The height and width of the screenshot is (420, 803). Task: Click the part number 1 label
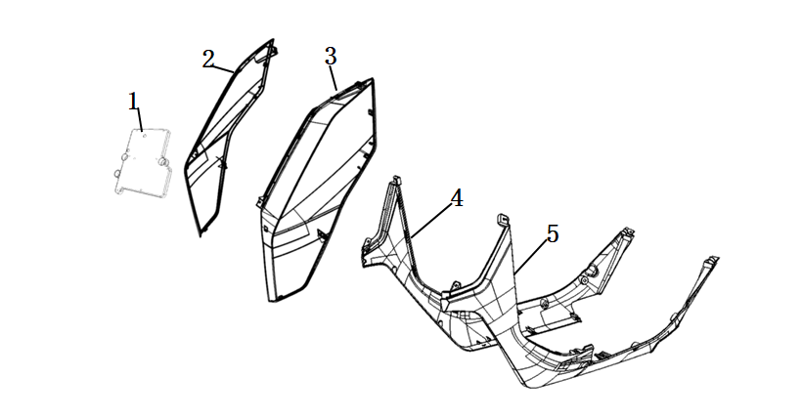(134, 102)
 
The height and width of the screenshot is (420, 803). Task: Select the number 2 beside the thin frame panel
(208, 60)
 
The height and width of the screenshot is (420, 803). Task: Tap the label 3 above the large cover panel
(331, 57)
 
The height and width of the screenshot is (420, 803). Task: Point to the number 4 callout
(457, 198)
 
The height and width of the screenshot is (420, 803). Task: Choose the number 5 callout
(552, 233)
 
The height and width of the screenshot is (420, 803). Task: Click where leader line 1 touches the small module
(143, 131)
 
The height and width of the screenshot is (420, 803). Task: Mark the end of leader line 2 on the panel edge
(234, 71)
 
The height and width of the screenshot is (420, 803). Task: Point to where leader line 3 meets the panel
(336, 90)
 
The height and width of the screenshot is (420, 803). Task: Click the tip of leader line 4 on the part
(411, 236)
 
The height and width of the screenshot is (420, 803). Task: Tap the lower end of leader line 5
(515, 273)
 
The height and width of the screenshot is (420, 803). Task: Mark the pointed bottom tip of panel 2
(201, 235)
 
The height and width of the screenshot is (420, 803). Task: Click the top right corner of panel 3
(373, 79)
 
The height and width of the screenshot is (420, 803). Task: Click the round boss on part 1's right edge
(164, 162)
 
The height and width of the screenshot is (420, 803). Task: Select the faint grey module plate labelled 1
(143, 162)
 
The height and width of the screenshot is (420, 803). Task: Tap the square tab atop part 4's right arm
(503, 220)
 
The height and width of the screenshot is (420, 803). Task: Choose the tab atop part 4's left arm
(395, 181)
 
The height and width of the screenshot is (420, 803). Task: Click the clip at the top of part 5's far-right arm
(711, 261)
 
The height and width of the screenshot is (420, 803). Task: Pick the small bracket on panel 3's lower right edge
(323, 234)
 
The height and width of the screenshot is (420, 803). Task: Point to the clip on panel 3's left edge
(260, 202)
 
